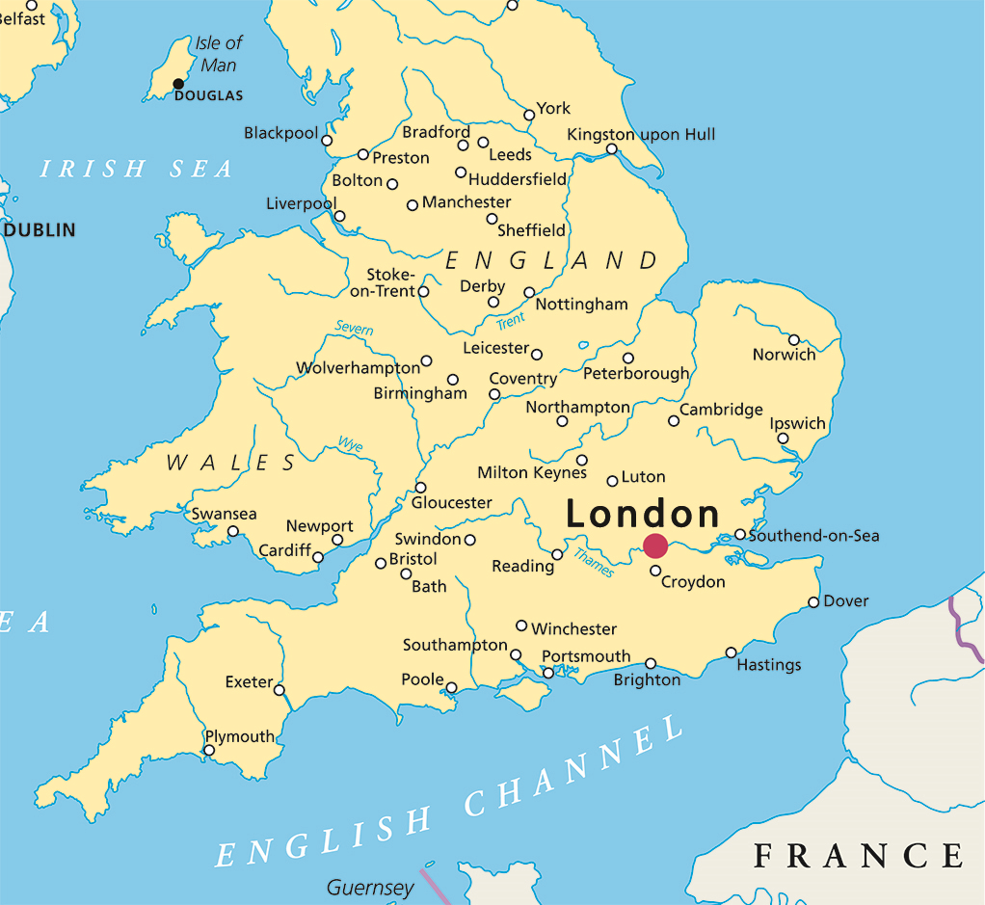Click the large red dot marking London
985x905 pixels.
(655, 546)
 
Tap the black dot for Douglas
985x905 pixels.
(178, 84)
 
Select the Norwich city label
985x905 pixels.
(784, 355)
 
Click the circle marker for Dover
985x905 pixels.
(813, 602)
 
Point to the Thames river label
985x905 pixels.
(593, 562)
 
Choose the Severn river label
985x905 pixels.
(354, 329)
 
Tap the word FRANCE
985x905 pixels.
(858, 855)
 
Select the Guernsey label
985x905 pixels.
(370, 887)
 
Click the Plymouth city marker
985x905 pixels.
(209, 750)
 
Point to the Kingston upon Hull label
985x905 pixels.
(641, 134)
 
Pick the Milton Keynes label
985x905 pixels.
(532, 472)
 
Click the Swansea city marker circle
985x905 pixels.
(232, 531)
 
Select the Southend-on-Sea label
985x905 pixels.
(813, 536)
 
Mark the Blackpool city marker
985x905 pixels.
(327, 141)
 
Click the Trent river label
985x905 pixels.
(511, 320)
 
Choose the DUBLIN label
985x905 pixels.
(40, 230)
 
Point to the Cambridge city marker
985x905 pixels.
(674, 421)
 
